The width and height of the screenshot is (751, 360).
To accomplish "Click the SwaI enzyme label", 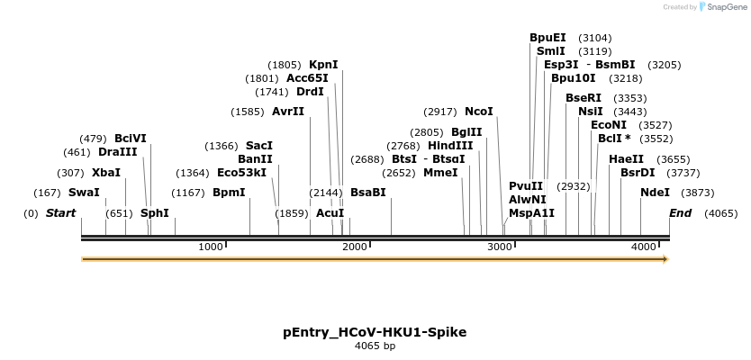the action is pyautogui.click(x=84, y=192).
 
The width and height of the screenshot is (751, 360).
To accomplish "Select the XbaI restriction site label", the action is pyautogui.click(x=105, y=172).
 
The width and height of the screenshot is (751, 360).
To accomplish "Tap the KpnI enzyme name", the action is pyautogui.click(x=323, y=65).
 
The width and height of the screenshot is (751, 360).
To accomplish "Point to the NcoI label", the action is pyautogui.click(x=478, y=112).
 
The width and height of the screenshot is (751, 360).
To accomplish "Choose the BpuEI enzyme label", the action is pyautogui.click(x=547, y=38).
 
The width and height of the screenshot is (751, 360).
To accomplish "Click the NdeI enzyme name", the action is pyautogui.click(x=655, y=192).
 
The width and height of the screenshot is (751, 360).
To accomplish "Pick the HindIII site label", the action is pyautogui.click(x=449, y=146).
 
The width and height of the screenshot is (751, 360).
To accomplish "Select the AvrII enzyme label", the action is pyautogui.click(x=288, y=112).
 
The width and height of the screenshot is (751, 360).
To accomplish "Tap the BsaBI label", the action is pyautogui.click(x=367, y=192).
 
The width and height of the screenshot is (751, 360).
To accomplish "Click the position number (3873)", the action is pyautogui.click(x=697, y=192).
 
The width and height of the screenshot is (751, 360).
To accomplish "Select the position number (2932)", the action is pyautogui.click(x=573, y=186).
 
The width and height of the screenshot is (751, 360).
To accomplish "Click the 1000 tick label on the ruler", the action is pyautogui.click(x=210, y=247).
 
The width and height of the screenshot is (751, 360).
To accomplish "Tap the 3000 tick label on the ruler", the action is pyautogui.click(x=499, y=247).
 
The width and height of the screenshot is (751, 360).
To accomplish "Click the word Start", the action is pyautogui.click(x=60, y=213).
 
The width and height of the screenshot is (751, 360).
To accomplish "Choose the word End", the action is pyautogui.click(x=680, y=213).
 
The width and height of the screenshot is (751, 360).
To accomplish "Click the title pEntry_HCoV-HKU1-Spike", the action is pyautogui.click(x=375, y=332).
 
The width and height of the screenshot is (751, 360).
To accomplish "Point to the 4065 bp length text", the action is pyautogui.click(x=375, y=346).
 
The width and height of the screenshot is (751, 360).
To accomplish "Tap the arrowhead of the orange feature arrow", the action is pyautogui.click(x=665, y=259).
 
